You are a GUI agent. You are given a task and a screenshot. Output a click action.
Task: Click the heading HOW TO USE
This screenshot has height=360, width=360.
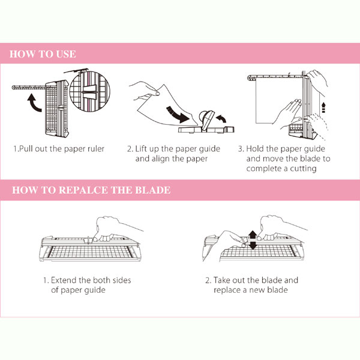click(43, 55)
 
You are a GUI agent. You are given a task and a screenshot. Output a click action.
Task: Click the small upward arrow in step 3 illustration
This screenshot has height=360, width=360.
click(323, 108)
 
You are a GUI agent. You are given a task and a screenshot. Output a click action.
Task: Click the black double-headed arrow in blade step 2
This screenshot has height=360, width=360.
click(253, 239)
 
